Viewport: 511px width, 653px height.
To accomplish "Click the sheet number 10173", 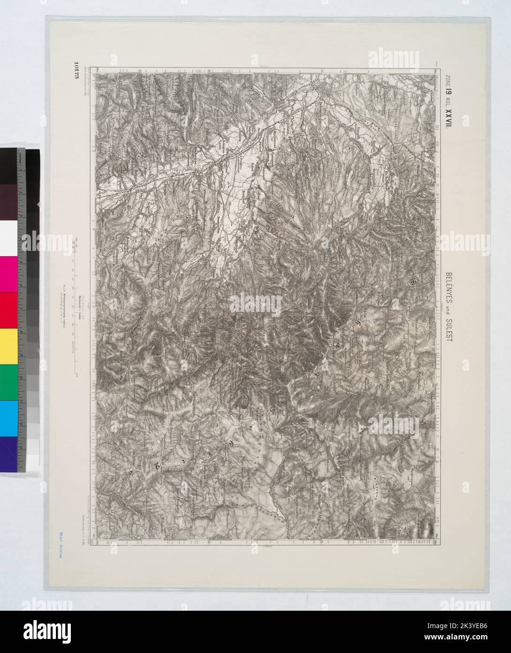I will click(76, 71).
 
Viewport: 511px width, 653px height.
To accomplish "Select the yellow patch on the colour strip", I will click(9, 346).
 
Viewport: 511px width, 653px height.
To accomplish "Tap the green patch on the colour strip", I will click(9, 382).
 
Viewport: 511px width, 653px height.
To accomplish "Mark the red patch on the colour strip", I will click(9, 310).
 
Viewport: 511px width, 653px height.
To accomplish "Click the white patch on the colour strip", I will click(9, 237).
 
